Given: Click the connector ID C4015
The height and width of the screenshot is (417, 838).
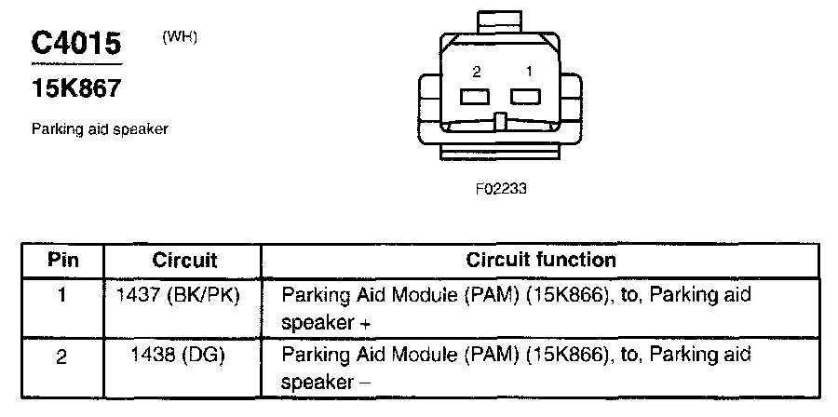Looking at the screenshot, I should coord(76,43).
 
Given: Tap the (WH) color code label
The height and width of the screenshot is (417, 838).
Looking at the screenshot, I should coord(180,37).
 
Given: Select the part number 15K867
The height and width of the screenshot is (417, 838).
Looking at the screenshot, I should coord(76,89).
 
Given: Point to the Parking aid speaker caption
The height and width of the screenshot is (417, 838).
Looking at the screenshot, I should coord(100,129).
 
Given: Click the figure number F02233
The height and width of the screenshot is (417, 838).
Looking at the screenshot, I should coord(501,188).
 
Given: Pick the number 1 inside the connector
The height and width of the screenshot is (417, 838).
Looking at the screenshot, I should coord(529,71).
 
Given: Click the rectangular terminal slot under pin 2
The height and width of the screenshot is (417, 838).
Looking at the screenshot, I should coord(475,96).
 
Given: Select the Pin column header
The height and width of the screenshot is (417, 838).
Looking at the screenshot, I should coord(62,261).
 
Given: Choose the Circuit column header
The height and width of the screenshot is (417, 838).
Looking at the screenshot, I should coord(184,261).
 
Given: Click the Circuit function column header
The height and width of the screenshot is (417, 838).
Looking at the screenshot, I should coord(540,261).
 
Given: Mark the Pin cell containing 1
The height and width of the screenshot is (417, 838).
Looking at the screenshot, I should coord(62,295).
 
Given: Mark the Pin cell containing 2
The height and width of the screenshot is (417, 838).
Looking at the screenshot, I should coord(62,356).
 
